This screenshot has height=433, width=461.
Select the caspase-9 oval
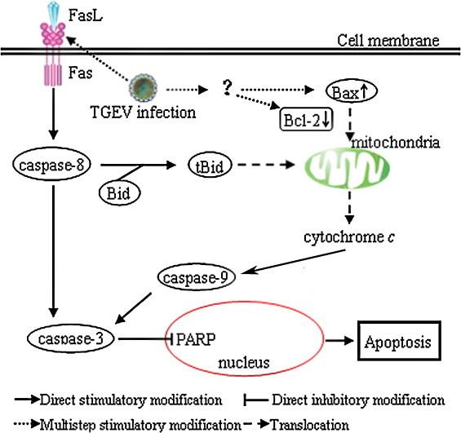coord(197,277)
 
